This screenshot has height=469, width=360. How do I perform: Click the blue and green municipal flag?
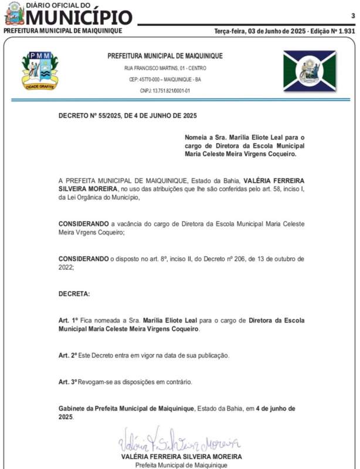tap(309, 71)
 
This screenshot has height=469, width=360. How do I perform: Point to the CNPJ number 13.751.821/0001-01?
tap(165, 91)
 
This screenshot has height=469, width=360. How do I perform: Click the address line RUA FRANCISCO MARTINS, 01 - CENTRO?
tap(165, 69)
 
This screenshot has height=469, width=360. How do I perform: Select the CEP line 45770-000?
tap(165, 80)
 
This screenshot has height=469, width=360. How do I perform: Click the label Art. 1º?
tap(68, 320)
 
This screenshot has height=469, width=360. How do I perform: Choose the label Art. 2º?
tap(68, 356)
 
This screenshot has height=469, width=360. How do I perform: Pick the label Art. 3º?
tap(68, 382)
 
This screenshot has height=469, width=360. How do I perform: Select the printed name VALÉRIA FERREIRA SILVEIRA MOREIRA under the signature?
tap(181, 456)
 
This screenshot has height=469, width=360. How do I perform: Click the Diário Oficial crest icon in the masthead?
tap(14, 13)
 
